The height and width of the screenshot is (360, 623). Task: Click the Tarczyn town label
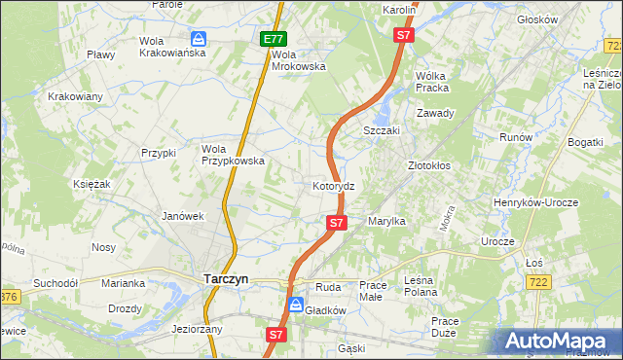(x=226, y=278)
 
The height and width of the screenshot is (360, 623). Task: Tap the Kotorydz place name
(x=340, y=185)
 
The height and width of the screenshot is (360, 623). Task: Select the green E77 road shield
(x=274, y=40)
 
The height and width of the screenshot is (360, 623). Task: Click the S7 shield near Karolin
(x=405, y=35)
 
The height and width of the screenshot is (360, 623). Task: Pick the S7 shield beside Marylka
(x=336, y=223)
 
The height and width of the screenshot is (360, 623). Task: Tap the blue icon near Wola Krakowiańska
(x=199, y=39)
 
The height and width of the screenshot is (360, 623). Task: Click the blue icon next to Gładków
(x=293, y=305)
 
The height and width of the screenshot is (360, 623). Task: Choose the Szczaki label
(x=383, y=130)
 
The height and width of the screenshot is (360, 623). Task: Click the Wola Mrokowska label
(x=298, y=60)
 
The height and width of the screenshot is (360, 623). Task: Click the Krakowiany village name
(x=75, y=96)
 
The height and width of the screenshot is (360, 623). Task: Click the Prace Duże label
(x=445, y=326)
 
